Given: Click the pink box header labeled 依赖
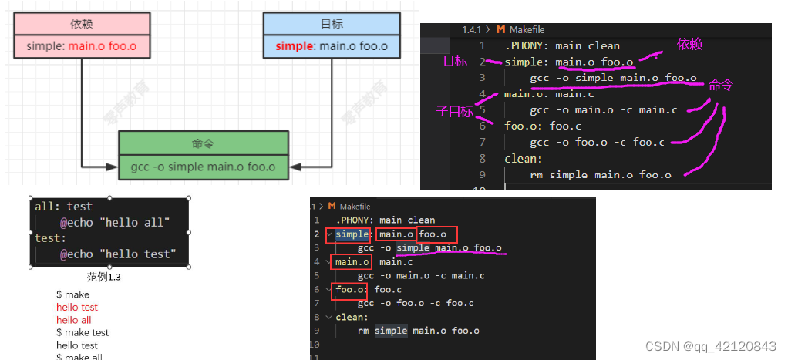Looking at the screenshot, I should point(81,24).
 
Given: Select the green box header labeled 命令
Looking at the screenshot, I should point(203,143).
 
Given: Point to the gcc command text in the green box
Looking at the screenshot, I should point(203,166).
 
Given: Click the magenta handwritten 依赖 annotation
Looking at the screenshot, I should point(689,44).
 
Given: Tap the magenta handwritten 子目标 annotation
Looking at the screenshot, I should point(454,111).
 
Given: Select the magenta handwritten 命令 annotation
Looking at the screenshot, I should point(719,86).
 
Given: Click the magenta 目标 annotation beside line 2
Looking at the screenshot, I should point(455,62).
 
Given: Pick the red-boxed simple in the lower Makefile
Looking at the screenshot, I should point(352,234).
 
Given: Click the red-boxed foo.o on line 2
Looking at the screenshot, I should point(437,234).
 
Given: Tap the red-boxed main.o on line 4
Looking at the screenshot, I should point(352,263).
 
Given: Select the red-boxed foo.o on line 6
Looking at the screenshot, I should point(350,291).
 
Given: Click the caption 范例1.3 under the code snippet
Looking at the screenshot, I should point(104,277).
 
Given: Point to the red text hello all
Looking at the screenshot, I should point(73,320).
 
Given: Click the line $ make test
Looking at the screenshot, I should point(83,332).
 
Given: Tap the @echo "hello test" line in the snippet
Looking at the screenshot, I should point(117,254).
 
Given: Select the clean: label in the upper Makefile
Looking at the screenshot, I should point(524,159).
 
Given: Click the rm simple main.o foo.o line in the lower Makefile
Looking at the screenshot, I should point(418,331).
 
